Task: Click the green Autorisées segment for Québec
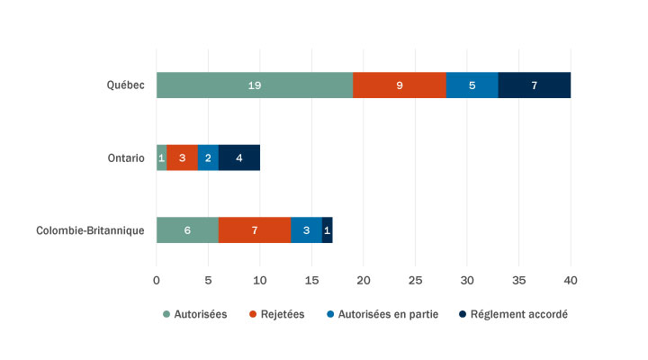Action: click(255, 85)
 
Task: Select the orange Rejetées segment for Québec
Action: click(400, 85)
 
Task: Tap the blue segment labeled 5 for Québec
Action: click(472, 85)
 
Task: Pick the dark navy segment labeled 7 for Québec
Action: click(534, 85)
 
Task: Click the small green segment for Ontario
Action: click(161, 157)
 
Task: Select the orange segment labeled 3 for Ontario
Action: click(182, 157)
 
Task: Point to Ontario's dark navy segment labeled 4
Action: click(239, 157)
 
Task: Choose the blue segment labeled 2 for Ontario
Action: click(208, 157)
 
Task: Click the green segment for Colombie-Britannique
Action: click(187, 230)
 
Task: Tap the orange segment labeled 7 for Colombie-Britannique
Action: click(255, 230)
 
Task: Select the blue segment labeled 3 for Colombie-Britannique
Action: click(306, 230)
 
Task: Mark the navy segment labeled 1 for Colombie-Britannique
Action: click(328, 230)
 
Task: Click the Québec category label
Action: click(124, 85)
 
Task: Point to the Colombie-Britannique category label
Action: click(90, 230)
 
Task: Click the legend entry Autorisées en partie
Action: click(392, 314)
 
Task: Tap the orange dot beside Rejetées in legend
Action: click(251, 314)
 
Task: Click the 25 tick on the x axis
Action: click(415, 281)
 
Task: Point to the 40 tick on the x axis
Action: click(571, 281)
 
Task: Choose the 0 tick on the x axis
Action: click(157, 281)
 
